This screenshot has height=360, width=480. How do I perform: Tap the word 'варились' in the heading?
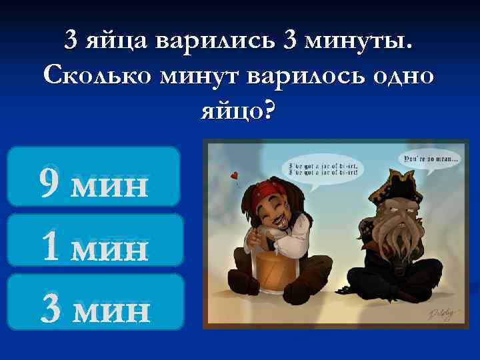coord(214,41)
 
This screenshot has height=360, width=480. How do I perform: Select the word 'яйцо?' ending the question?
coord(239,109)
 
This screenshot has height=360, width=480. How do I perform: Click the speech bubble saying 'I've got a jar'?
coord(323,167)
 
